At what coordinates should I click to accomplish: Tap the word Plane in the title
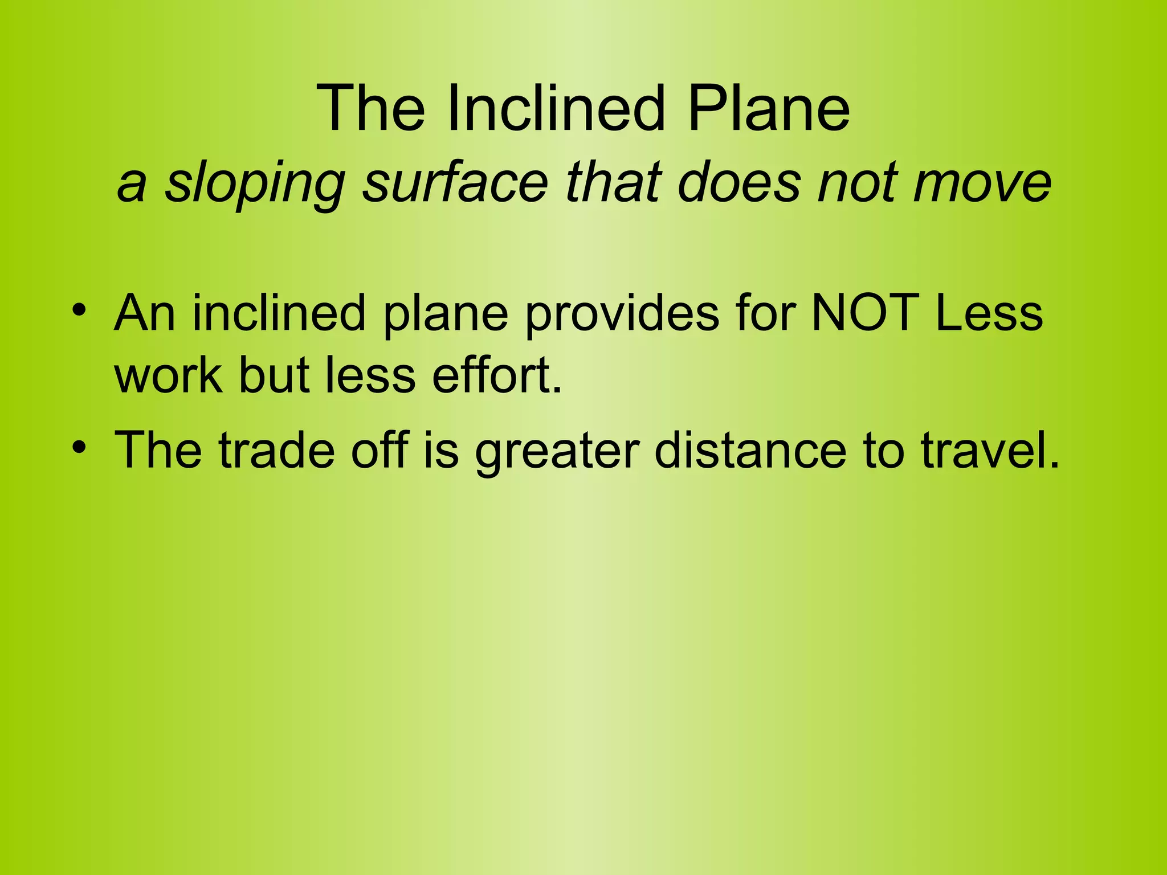[x=769, y=108]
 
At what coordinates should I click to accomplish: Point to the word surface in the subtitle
[x=455, y=182]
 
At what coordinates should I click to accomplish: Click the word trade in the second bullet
[x=276, y=450]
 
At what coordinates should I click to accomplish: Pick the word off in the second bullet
[x=380, y=450]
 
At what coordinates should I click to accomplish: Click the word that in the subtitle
[x=613, y=182]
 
